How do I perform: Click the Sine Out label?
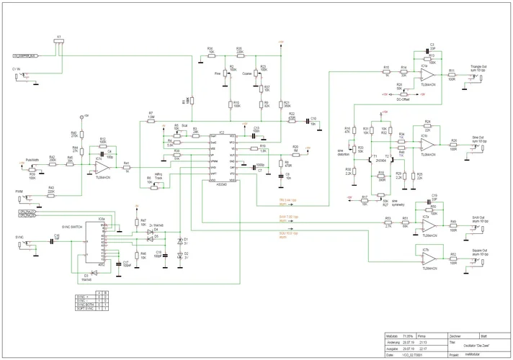click(x=478, y=138)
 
